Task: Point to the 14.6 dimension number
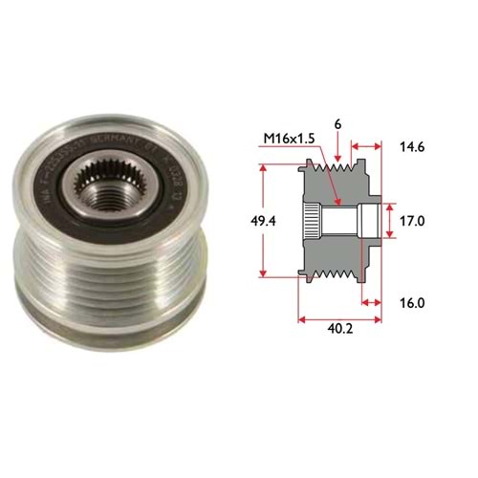412,148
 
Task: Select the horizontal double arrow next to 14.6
368,148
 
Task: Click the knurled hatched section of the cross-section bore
311,222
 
